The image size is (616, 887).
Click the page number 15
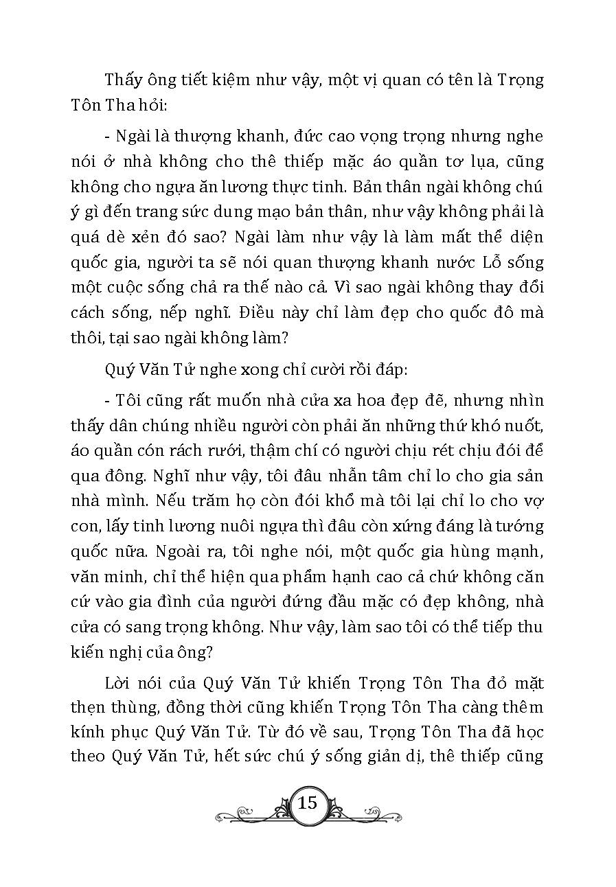[308, 803]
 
